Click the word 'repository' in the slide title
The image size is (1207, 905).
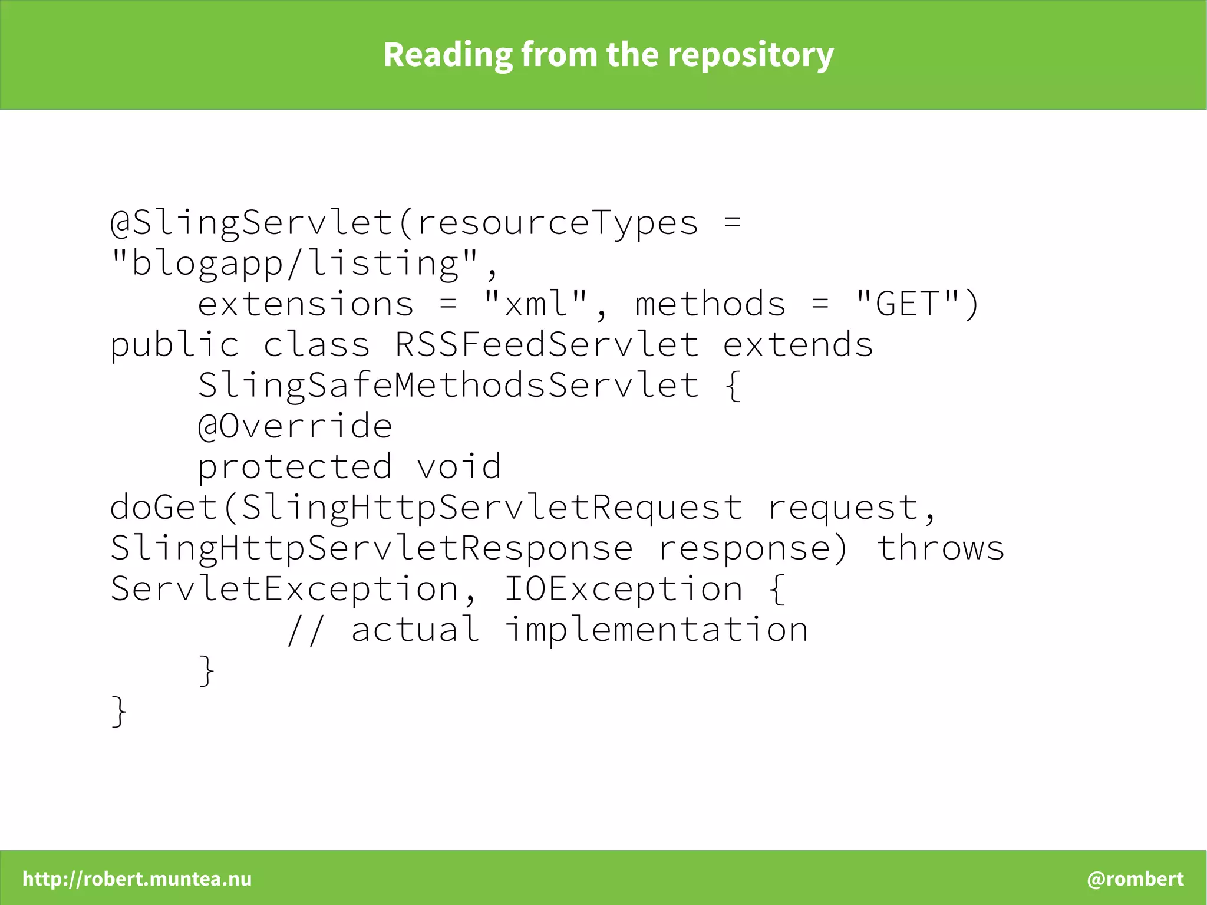(750, 55)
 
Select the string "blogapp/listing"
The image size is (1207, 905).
(295, 263)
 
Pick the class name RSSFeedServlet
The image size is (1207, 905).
(547, 345)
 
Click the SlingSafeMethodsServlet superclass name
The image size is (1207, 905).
(448, 386)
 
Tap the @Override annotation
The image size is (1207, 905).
(295, 426)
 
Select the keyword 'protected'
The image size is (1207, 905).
(295, 467)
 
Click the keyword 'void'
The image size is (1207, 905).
(459, 467)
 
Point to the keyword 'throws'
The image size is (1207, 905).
(941, 548)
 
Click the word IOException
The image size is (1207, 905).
(624, 589)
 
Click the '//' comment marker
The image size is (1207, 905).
(305, 630)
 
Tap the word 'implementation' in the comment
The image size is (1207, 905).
(657, 630)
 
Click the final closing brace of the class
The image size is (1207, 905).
(118, 712)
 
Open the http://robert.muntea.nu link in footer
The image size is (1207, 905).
(137, 878)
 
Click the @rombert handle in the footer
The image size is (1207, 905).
(1135, 878)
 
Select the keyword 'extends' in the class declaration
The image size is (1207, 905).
(798, 345)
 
